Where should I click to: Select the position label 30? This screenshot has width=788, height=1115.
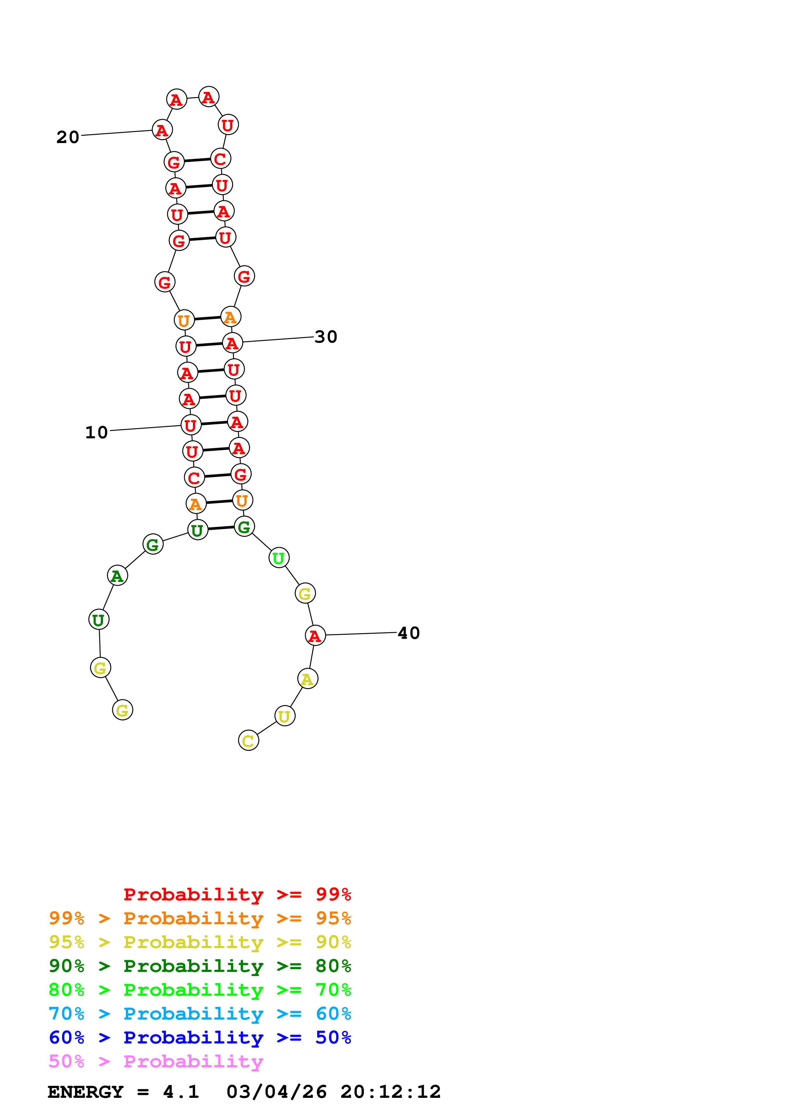tap(326, 337)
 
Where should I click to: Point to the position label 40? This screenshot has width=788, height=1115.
tap(408, 633)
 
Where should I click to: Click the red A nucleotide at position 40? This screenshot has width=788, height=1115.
tap(315, 635)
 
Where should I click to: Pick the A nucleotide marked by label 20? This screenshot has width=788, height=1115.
tap(162, 130)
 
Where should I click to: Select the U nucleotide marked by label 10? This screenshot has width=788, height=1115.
tap(191, 425)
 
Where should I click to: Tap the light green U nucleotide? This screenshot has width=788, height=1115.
tap(279, 558)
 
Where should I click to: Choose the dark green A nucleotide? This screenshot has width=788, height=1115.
tap(117, 576)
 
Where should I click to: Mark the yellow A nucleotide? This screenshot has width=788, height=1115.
tap(307, 679)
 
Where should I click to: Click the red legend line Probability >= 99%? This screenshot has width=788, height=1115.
tap(237, 894)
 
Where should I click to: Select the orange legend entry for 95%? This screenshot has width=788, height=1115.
tap(200, 918)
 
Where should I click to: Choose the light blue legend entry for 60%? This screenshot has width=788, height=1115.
tap(200, 1014)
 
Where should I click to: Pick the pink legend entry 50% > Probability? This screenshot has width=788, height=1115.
tap(156, 1061)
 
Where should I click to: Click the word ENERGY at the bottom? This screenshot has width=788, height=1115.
tap(86, 1092)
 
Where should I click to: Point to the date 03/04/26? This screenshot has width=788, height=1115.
tap(276, 1092)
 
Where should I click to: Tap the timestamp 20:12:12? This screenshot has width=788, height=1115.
tap(390, 1092)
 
